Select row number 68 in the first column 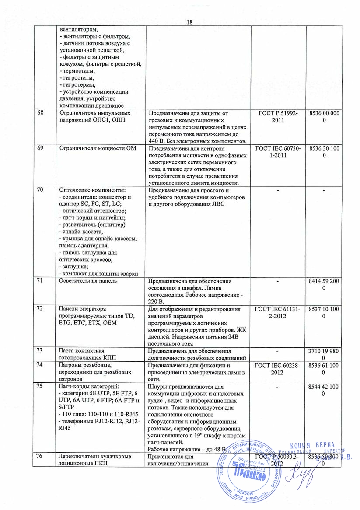40,113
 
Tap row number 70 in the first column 40,190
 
